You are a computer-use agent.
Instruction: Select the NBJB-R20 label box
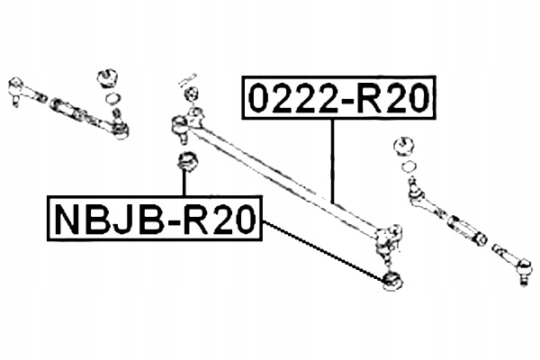154,219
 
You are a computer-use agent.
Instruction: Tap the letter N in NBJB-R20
65,219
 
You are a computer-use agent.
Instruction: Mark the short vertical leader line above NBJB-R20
184,185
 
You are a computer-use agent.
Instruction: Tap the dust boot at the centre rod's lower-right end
391,280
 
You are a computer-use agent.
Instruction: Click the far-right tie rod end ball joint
523,268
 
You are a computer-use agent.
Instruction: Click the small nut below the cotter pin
189,95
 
